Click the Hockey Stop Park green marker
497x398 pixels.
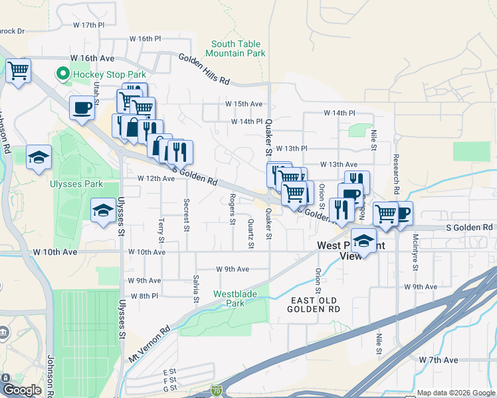point(64,74)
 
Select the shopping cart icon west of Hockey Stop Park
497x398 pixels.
point(19,70)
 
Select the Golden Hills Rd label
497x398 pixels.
point(203,69)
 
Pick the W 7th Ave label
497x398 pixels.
point(439,360)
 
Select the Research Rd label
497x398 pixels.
point(396,175)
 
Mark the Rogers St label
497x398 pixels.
point(233,208)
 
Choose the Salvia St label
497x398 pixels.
point(196,289)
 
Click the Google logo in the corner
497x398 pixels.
point(22,390)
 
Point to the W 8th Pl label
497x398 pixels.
point(144,296)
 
